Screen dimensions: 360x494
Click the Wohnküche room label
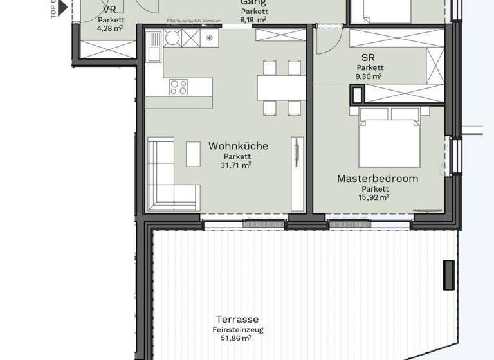pyautogui.click(x=238, y=146)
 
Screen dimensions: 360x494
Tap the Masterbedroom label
pyautogui.click(x=378, y=178)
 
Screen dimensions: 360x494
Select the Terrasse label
pyautogui.click(x=237, y=319)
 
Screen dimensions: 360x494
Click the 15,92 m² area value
pyautogui.click(x=375, y=197)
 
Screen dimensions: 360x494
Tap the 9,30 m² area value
pyautogui.click(x=369, y=76)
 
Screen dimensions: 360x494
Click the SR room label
pyautogui.click(x=368, y=57)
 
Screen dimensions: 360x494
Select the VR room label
pyautogui.click(x=109, y=10)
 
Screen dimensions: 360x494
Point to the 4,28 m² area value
pyautogui.click(x=109, y=28)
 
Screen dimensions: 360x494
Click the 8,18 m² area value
pyautogui.click(x=253, y=20)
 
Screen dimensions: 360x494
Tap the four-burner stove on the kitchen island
pyautogui.click(x=178, y=87)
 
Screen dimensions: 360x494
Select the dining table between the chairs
pyautogui.click(x=281, y=87)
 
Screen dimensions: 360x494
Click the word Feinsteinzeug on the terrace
pyautogui.click(x=237, y=330)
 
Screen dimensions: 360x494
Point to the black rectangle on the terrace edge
pyautogui.click(x=448, y=274)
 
